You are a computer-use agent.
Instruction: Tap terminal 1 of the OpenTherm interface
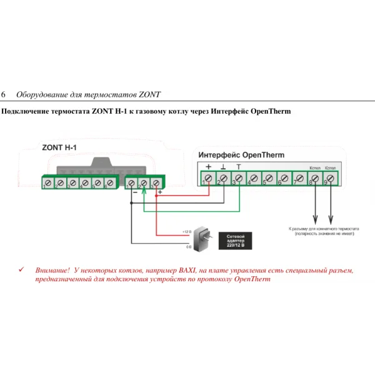pyautogui.click(x=208, y=179)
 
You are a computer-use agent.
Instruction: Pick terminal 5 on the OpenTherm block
pyautogui.click(x=268, y=179)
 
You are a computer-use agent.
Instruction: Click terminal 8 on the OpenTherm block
pyautogui.click(x=314, y=179)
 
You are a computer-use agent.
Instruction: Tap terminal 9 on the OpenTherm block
pyautogui.click(x=329, y=179)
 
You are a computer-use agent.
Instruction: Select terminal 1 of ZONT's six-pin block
pyautogui.click(x=47, y=183)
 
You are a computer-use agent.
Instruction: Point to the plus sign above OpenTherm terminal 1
pyautogui.click(x=208, y=167)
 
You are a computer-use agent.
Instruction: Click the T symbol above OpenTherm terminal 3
pyautogui.click(x=238, y=167)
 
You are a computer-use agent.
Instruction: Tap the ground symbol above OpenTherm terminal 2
pyautogui.click(x=223, y=167)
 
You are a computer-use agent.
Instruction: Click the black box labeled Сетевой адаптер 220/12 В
pyautogui.click(x=238, y=241)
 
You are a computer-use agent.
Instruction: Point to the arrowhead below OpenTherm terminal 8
pyautogui.click(x=314, y=219)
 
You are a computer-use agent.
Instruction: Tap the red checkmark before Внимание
pyautogui.click(x=22, y=269)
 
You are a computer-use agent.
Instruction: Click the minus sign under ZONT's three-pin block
pyautogui.click(x=133, y=193)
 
